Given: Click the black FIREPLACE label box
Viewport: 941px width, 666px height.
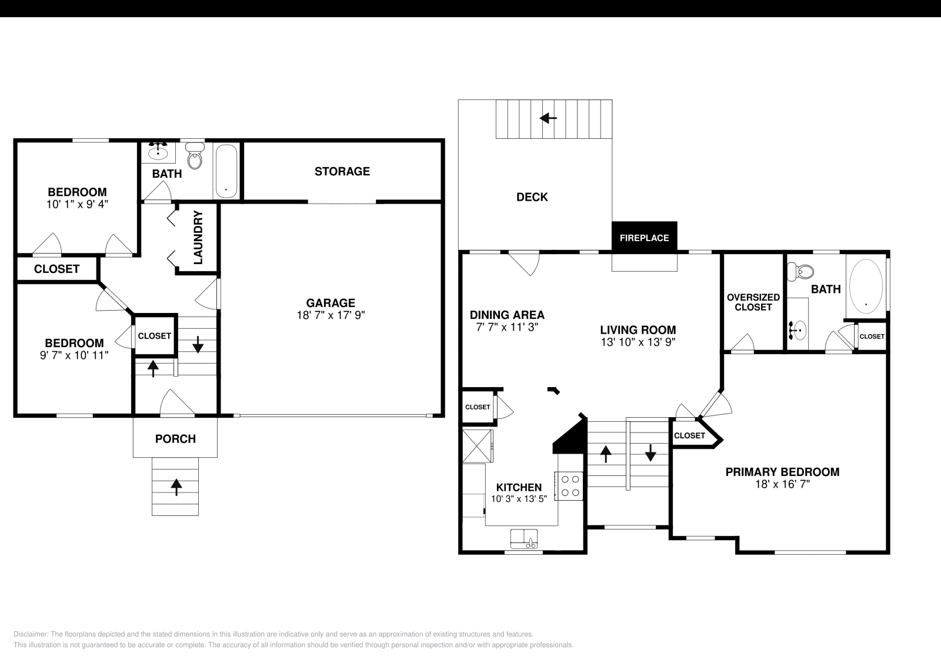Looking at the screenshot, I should point(644,238).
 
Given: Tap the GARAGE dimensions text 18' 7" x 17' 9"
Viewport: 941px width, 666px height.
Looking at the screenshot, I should point(331,315).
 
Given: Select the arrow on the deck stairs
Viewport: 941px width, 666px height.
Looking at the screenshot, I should point(548,118).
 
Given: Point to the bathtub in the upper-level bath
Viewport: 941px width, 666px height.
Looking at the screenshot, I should point(865,286).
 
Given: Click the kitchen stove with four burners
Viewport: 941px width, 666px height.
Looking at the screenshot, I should point(570,486).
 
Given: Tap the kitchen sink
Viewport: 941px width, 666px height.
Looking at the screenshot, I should point(523,538).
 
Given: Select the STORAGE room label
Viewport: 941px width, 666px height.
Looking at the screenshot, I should point(342,171).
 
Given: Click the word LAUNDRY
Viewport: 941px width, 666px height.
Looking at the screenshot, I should point(198,238).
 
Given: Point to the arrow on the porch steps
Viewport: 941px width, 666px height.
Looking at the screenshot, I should point(175,486).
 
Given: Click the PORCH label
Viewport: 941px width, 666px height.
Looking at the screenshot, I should point(175,439).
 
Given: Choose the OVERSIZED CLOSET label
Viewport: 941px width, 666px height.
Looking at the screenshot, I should point(753,302).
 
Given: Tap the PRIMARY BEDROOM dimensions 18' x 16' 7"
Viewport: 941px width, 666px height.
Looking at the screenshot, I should point(782,485).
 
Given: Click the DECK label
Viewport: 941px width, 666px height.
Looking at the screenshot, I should point(532,197).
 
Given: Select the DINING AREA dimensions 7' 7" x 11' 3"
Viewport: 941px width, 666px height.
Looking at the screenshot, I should point(506,327).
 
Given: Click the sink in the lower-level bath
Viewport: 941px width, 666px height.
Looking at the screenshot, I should point(158,152).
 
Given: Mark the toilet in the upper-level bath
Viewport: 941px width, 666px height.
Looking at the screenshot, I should point(805,272).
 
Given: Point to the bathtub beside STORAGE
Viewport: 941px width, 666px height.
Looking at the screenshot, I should point(226,171).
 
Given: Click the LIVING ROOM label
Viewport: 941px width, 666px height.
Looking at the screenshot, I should point(638,330).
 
